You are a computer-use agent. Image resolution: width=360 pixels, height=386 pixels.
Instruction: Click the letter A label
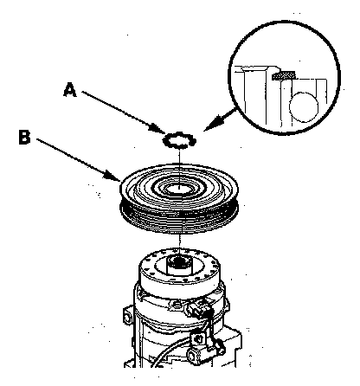tap(70, 89)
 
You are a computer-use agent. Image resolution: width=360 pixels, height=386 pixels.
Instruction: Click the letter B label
tap(24, 137)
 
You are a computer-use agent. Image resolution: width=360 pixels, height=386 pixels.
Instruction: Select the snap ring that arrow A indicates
tap(179, 139)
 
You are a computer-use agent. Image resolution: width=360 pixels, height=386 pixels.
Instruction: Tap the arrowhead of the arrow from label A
tap(157, 128)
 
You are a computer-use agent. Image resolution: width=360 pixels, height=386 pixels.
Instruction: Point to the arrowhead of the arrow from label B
tap(113, 176)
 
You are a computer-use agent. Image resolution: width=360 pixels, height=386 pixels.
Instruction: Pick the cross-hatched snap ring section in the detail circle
tap(284, 75)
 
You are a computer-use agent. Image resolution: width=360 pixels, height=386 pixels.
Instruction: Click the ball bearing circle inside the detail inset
tap(304, 106)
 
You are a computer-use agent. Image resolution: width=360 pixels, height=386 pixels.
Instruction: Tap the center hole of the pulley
tap(179, 189)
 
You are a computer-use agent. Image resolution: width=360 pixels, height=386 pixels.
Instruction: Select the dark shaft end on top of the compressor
tap(180, 261)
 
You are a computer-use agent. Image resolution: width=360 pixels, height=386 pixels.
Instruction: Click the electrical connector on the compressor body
tap(200, 308)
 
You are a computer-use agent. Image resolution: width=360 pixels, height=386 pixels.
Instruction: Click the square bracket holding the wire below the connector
tap(198, 338)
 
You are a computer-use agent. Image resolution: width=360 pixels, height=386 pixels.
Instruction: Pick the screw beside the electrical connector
tap(177, 304)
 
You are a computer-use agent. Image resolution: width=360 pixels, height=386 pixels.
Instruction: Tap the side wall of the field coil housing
tap(179, 284)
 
